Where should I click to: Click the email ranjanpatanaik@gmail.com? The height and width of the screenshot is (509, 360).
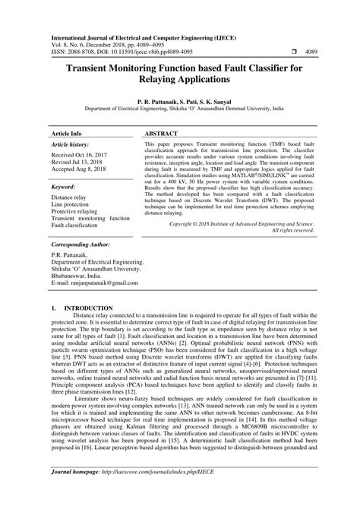[102, 283]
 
